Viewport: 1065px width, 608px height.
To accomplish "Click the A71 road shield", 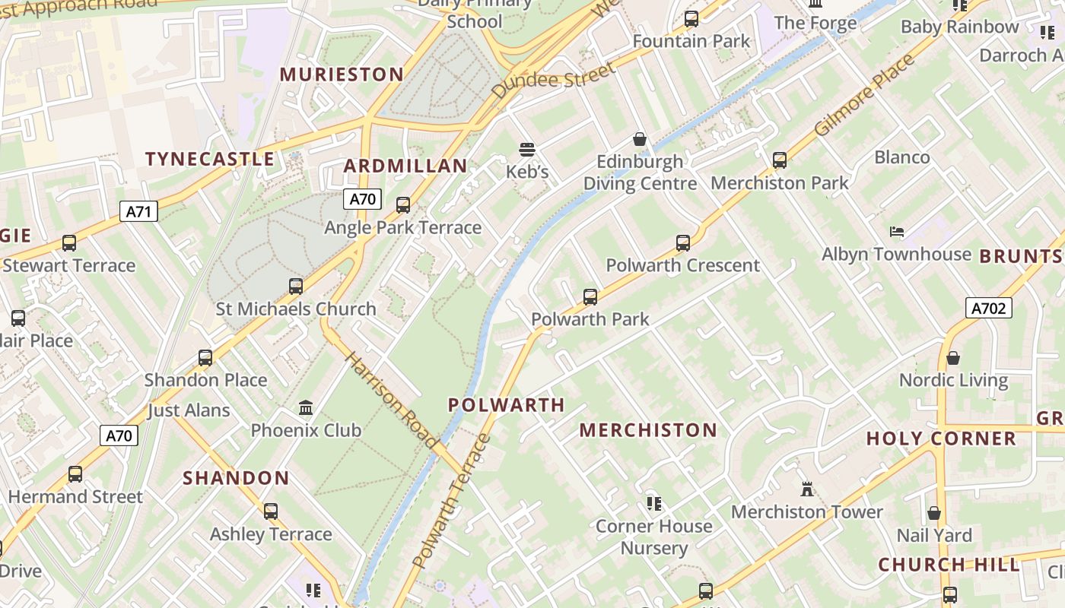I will (138, 211).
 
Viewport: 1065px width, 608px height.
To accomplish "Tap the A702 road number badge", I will (989, 308).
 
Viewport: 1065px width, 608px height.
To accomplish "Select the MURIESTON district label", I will (342, 74).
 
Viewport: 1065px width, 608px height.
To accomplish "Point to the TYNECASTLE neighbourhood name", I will (209, 159).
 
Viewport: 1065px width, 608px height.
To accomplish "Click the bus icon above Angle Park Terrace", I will (403, 204).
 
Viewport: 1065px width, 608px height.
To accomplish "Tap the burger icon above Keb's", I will (527, 150).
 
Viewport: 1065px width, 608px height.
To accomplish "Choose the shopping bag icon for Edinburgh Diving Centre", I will (640, 139).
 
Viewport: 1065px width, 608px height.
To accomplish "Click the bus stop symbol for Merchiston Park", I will (780, 160).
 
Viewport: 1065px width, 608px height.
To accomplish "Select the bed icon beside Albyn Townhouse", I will (897, 231).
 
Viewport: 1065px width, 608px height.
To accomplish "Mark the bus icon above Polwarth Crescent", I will (683, 243).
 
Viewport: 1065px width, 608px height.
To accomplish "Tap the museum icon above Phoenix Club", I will (306, 408).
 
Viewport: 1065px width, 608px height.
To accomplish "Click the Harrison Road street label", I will (391, 400).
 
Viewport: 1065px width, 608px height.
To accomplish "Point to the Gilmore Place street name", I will (864, 96).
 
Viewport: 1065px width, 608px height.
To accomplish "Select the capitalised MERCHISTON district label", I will (648, 430).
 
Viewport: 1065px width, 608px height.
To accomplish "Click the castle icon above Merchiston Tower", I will (807, 489).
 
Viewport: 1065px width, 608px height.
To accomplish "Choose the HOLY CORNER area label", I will (941, 439).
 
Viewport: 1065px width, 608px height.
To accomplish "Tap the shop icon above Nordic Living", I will (953, 357).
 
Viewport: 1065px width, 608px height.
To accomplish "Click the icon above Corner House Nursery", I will (653, 503).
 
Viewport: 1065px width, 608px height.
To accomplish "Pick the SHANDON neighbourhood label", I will (236, 478).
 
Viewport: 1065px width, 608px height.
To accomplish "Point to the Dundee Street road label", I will (552, 81).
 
